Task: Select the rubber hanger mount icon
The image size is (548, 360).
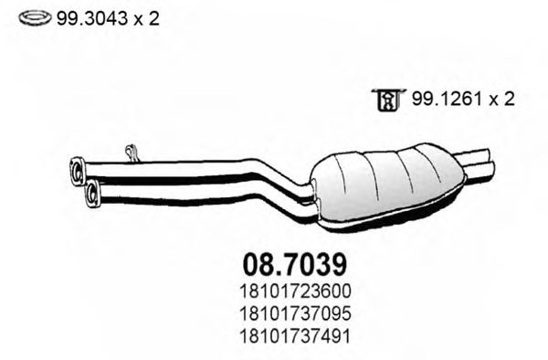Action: [x=387, y=100]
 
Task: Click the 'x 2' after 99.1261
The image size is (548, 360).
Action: [x=498, y=99]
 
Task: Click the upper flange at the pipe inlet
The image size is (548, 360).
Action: [x=78, y=167]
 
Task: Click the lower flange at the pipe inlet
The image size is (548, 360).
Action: [x=91, y=192]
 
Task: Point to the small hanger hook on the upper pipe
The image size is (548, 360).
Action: [x=131, y=150]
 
